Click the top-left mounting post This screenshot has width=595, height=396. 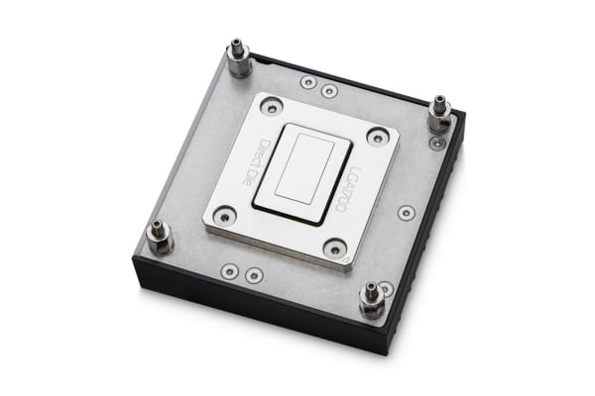(x=238, y=59)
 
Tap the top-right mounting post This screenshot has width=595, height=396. (x=437, y=117)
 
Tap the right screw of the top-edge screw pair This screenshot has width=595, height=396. (x=329, y=90)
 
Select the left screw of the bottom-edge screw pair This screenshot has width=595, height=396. (x=231, y=267)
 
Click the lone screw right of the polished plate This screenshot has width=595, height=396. (x=405, y=213)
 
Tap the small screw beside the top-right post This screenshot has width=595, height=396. (x=436, y=143)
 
